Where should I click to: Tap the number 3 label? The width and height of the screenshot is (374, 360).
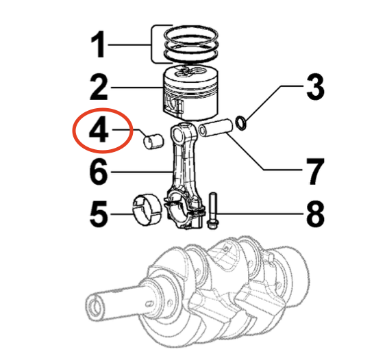point(314,88)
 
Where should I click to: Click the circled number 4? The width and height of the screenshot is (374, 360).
point(99,130)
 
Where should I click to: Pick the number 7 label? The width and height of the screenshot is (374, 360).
point(314,172)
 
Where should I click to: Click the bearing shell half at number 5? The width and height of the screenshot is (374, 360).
point(145,209)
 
